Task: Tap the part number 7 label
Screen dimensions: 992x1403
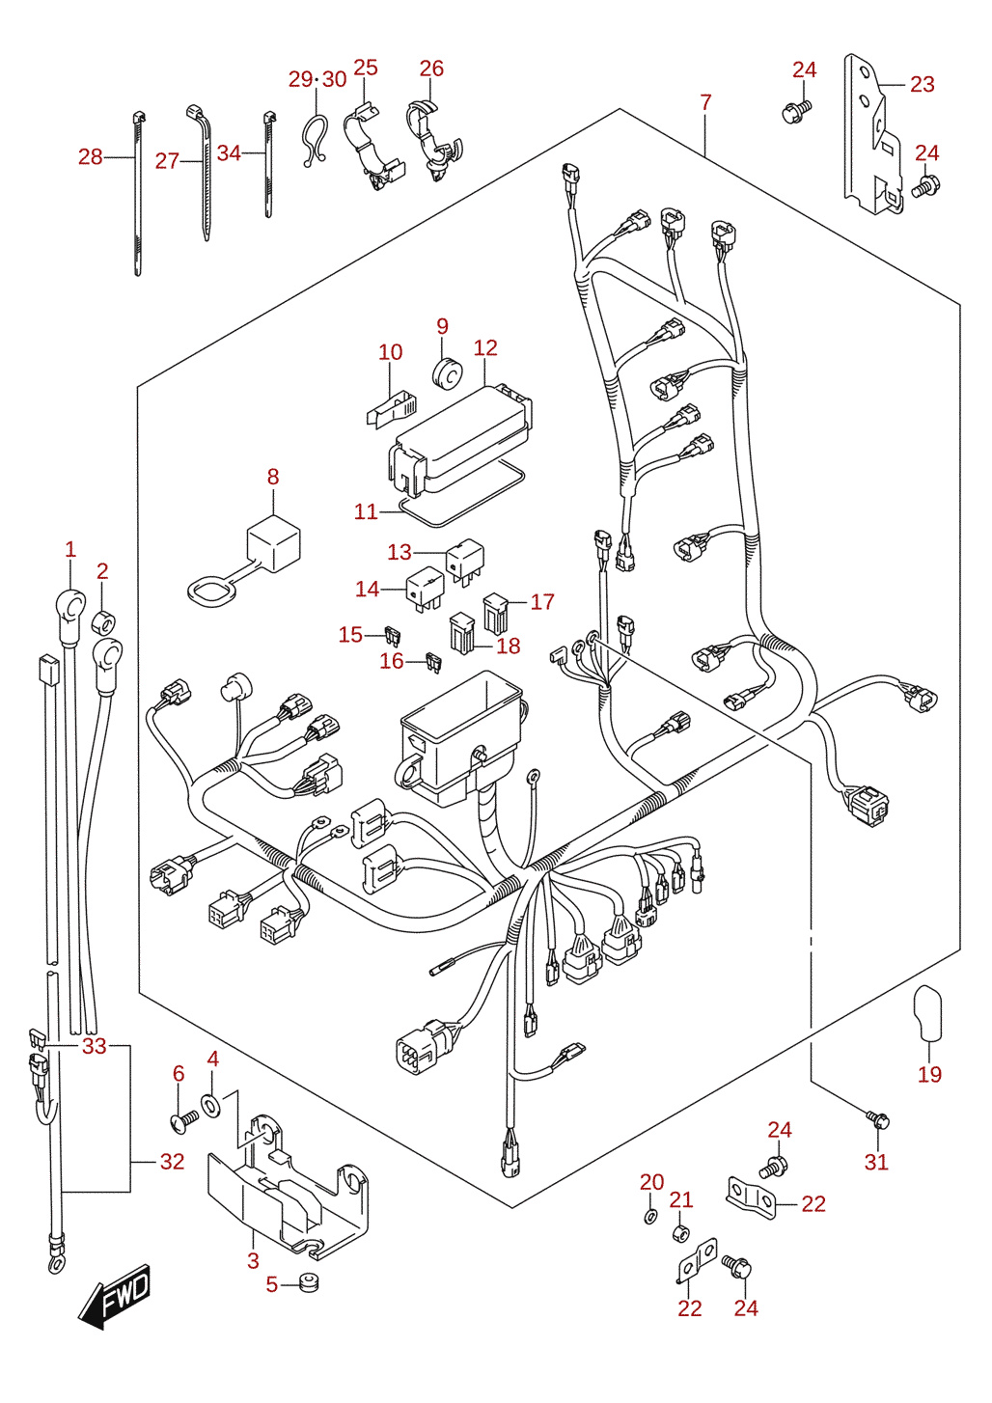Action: (705, 102)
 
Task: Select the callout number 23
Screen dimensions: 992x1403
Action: (922, 84)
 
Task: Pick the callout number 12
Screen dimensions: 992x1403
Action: (485, 347)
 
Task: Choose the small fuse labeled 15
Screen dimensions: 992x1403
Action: (393, 636)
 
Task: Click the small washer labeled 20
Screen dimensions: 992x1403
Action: (650, 1217)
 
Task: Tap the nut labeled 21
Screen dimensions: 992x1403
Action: (680, 1234)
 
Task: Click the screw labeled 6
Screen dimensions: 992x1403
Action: (184, 1119)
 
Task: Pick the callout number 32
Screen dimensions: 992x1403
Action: (172, 1161)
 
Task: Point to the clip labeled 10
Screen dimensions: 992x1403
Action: (392, 409)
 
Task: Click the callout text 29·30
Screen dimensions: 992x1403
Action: (317, 79)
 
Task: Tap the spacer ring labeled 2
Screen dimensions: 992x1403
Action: (104, 620)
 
